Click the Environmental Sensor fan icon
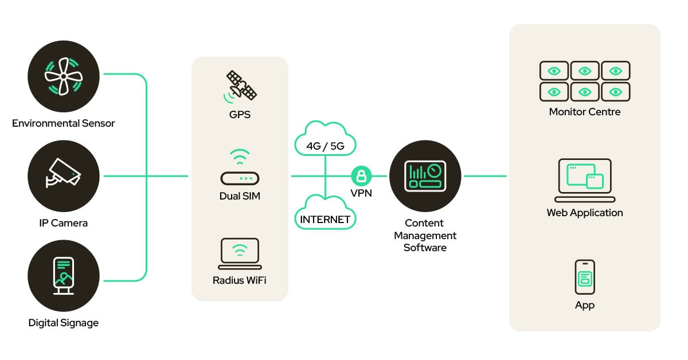(x=64, y=75)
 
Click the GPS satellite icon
(x=240, y=85)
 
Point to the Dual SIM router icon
(x=240, y=170)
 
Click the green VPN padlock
(x=361, y=175)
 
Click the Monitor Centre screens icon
(x=584, y=81)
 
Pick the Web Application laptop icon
(x=584, y=180)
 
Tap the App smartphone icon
(x=584, y=277)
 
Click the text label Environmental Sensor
(x=64, y=123)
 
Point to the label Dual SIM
(x=240, y=196)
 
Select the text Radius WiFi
(x=240, y=280)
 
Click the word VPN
(x=361, y=193)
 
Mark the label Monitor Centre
(x=584, y=112)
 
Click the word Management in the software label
(x=425, y=236)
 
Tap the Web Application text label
(x=584, y=213)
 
